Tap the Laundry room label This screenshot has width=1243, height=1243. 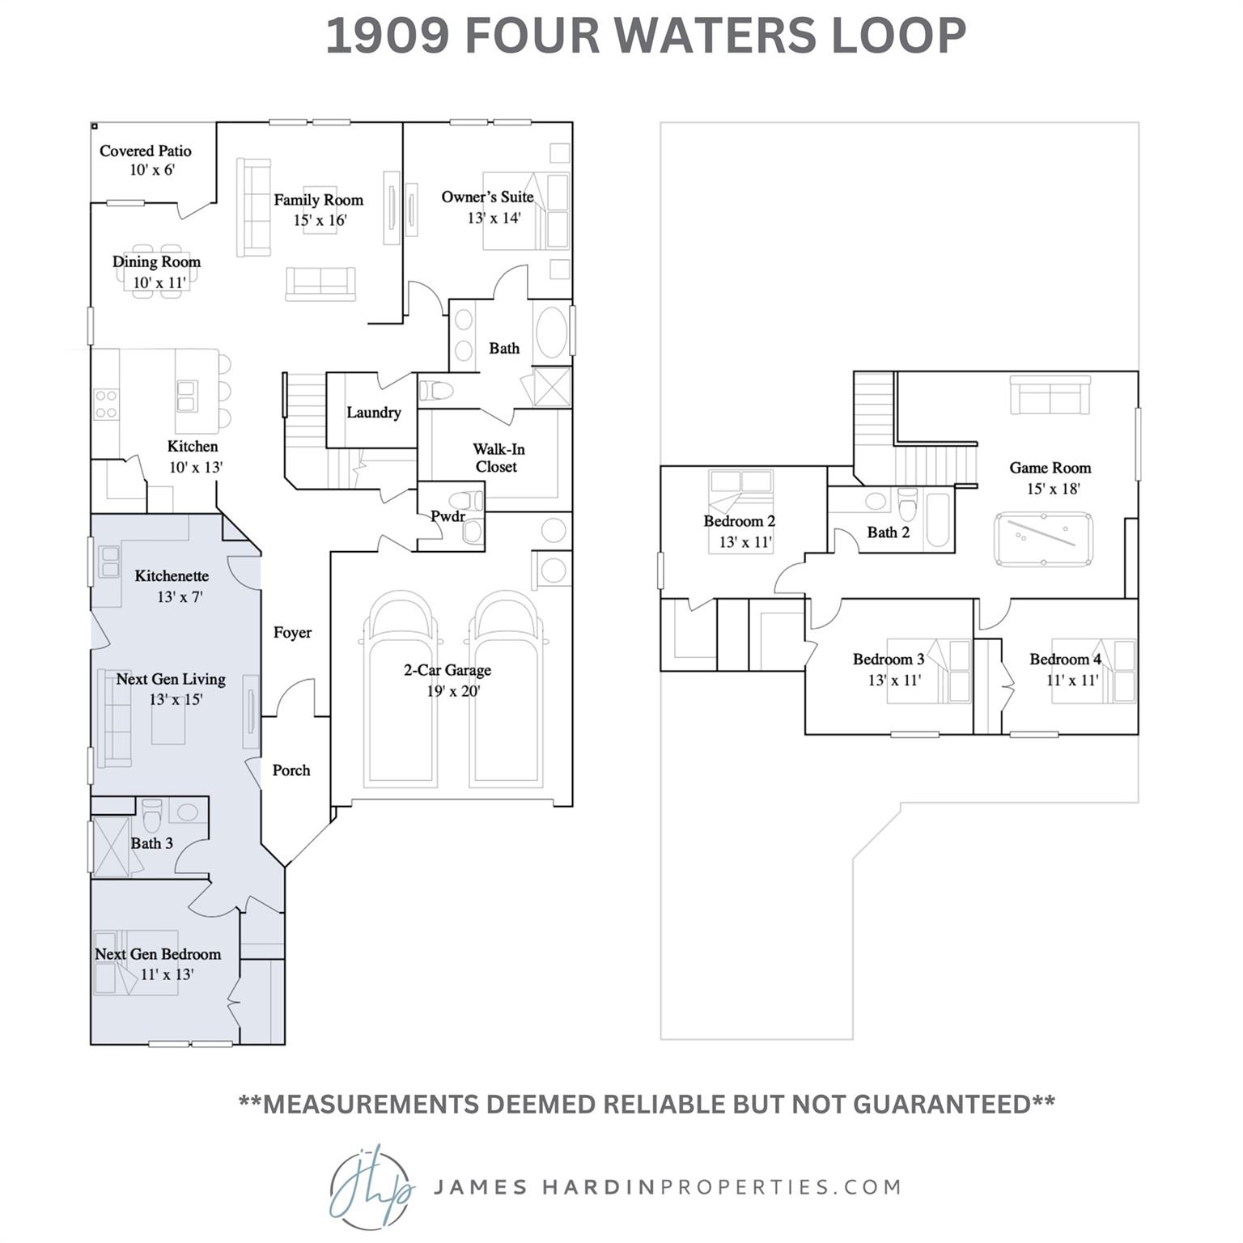373,413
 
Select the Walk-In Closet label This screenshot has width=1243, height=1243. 497,458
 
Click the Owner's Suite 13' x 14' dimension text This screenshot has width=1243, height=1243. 494,218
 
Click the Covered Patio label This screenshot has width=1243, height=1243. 146,151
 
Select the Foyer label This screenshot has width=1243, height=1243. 292,633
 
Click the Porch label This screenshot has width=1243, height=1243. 291,770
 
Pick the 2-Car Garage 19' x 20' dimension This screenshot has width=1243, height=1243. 453,692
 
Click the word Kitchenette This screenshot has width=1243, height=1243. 172,576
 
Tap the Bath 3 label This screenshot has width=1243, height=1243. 152,843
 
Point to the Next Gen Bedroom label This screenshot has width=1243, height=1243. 158,954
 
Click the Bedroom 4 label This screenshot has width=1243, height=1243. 1065,660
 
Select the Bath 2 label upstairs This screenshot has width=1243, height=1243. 888,532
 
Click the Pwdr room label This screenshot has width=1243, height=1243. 448,516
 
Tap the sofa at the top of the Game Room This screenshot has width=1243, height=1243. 1050,396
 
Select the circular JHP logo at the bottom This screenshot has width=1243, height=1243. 371,1187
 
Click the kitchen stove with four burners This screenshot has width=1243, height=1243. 106,404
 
